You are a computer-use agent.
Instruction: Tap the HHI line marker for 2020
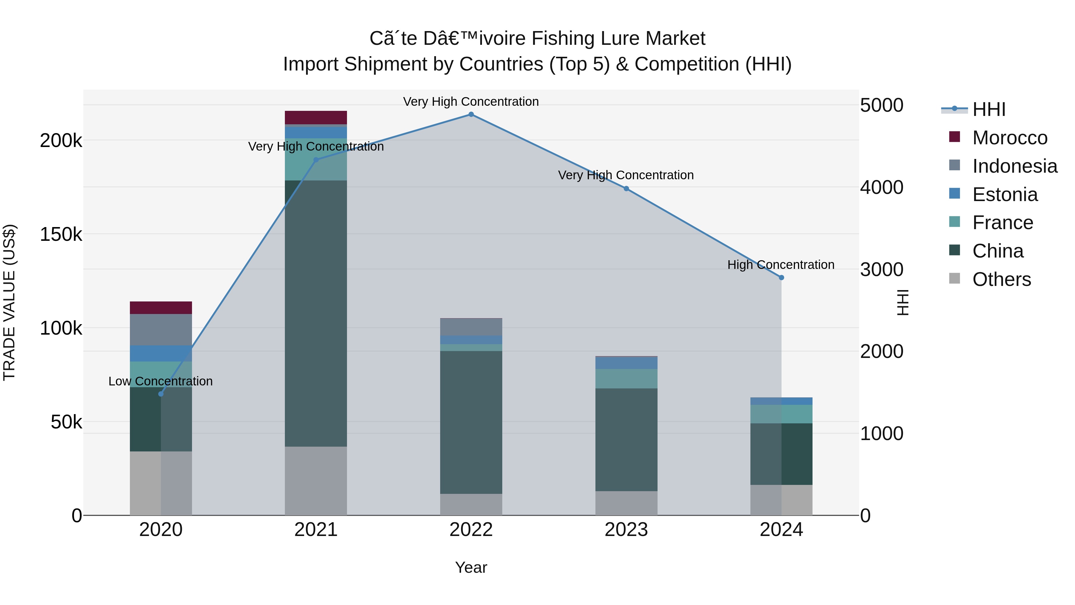(161, 394)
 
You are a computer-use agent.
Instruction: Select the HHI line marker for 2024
(781, 278)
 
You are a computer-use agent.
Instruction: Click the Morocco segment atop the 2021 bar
(316, 117)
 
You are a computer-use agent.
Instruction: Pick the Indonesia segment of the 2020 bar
(161, 330)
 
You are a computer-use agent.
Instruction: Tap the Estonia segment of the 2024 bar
(781, 401)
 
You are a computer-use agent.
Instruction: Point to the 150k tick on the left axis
(61, 235)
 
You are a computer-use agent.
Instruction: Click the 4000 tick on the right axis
(881, 187)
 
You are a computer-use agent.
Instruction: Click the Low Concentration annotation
(161, 381)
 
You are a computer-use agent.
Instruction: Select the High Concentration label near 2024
(781, 265)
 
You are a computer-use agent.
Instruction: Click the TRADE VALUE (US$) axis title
(9, 302)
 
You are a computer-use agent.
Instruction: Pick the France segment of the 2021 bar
(316, 159)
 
